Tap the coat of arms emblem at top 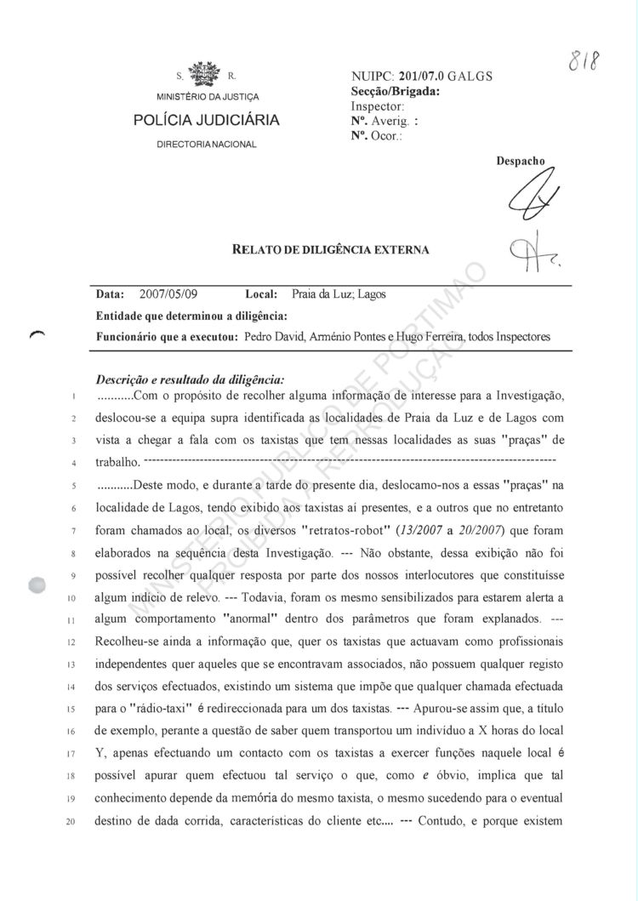point(205,74)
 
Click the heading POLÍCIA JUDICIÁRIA point(207,121)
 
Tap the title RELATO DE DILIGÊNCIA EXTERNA point(331,250)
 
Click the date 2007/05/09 point(168,294)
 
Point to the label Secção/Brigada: point(395,92)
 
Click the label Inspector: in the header point(377,106)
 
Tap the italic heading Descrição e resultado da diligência point(191,379)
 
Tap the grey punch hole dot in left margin point(37,585)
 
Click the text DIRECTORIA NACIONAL point(207,145)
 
